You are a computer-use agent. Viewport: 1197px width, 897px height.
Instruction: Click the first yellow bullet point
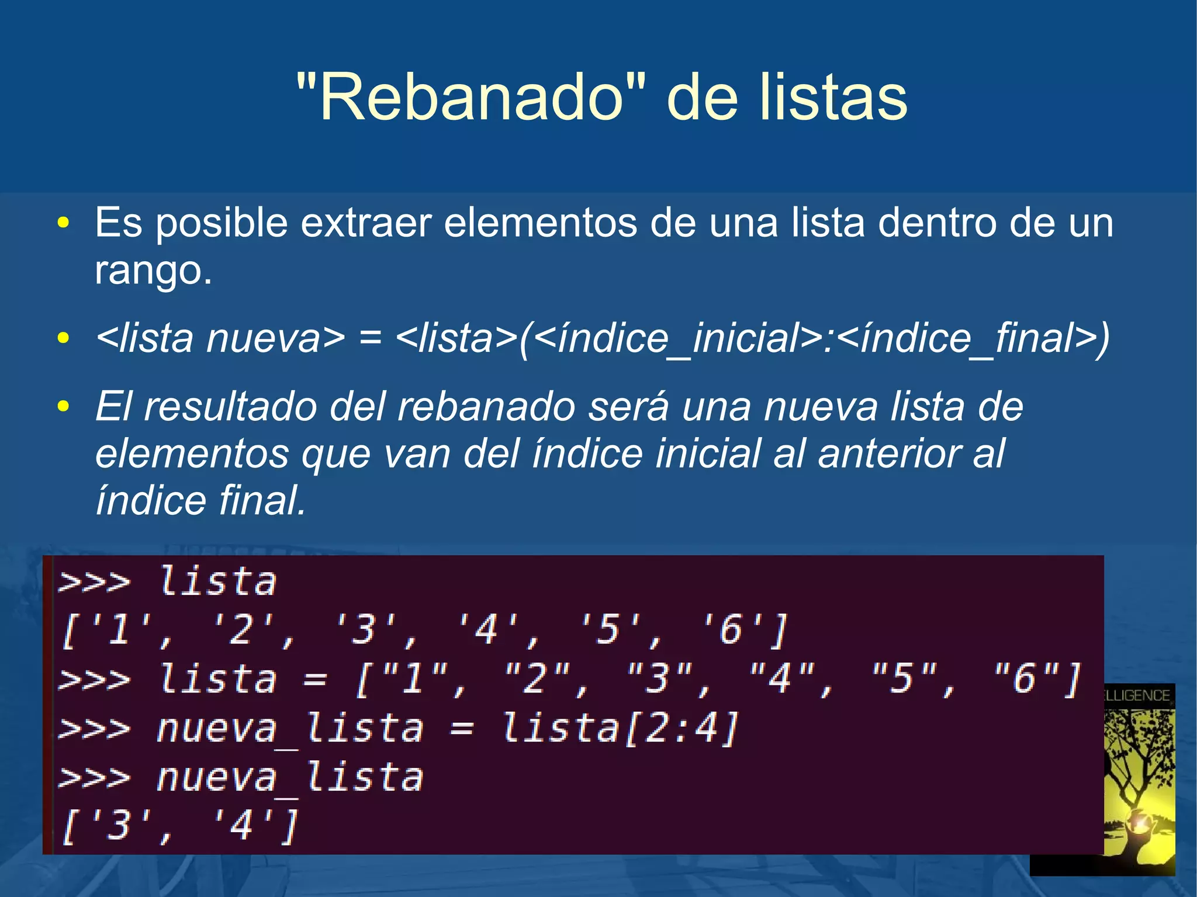pos(63,223)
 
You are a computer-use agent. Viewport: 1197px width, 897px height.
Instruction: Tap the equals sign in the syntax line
pos(370,339)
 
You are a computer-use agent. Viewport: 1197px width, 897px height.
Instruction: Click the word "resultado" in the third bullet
pos(230,406)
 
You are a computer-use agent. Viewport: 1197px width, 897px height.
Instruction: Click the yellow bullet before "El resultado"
pos(63,406)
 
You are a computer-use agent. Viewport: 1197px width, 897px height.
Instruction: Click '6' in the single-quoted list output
pos(731,630)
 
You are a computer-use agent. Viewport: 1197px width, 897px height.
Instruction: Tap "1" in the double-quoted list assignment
pos(413,679)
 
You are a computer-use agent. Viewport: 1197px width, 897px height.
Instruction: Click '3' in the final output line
pos(119,826)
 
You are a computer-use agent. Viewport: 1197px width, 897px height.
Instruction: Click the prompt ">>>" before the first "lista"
pos(94,582)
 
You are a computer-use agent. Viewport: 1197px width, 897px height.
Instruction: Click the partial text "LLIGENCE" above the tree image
pos(1137,695)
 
